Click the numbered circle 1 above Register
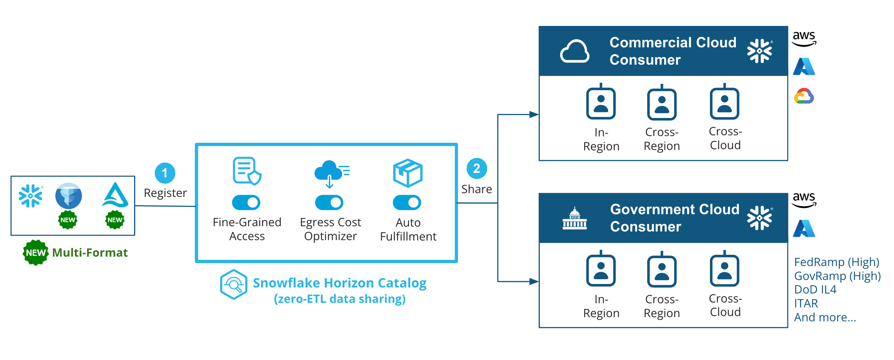point(165,173)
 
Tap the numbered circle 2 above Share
point(477,168)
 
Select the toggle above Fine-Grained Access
point(246,203)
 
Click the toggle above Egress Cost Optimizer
point(329,203)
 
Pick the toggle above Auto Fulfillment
point(407,203)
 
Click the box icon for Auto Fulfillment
point(408,173)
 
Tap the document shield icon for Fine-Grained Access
point(247,171)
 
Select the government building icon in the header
point(574,218)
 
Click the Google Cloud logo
point(804,96)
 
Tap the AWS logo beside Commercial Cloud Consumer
point(804,39)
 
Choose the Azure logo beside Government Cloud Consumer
point(804,228)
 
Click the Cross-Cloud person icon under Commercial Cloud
point(725,103)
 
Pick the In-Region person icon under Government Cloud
point(601,270)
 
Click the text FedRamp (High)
point(837,262)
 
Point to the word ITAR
point(806,303)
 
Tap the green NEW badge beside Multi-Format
point(36,253)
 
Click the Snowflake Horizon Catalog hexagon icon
point(234,284)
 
